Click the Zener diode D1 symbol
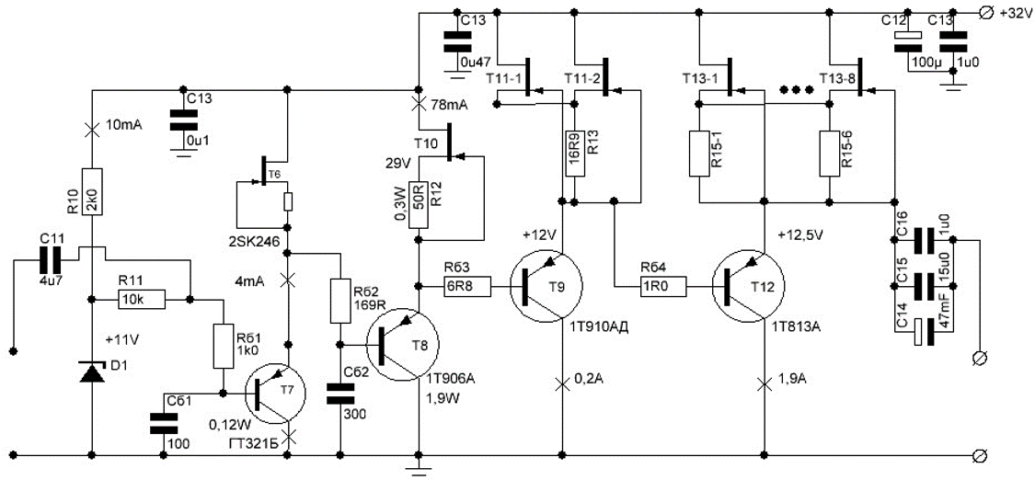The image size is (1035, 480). [92, 371]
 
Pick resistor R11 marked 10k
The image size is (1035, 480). [142, 300]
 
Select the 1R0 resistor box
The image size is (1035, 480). [664, 287]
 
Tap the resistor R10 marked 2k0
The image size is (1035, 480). [92, 190]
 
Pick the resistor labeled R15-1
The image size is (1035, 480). [700, 154]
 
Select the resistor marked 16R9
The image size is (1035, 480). [573, 153]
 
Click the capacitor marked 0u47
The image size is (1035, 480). [453, 43]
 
